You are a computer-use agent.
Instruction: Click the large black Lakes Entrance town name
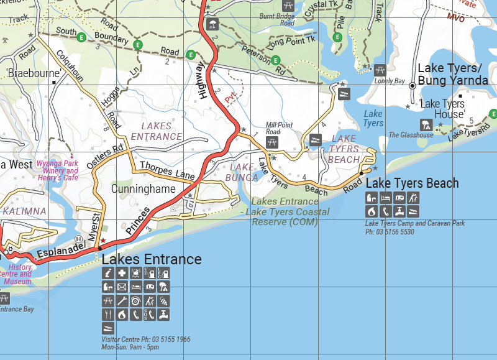pyautogui.click(x=152, y=259)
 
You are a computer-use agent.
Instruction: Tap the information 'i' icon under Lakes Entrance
pyautogui.click(x=107, y=274)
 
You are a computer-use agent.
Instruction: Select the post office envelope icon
pyautogui.click(x=122, y=287)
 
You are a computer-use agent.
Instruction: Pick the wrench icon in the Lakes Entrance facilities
pyautogui.click(x=122, y=301)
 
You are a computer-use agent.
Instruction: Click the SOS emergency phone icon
pyautogui.click(x=150, y=315)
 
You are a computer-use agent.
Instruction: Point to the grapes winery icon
pyautogui.click(x=164, y=301)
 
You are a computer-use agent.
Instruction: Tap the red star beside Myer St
pyautogui.click(x=103, y=241)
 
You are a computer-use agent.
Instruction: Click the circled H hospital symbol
pyautogui.click(x=79, y=239)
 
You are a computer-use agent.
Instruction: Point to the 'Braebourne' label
pyautogui.click(x=34, y=73)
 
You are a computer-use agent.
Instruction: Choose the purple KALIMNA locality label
pyautogui.click(x=24, y=211)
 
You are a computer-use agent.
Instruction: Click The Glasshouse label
pyautogui.click(x=411, y=135)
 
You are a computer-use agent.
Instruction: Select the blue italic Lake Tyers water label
pyautogui.click(x=373, y=118)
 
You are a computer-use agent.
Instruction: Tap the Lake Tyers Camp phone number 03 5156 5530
pyautogui.click(x=390, y=232)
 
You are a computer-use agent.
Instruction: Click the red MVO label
pyautogui.click(x=455, y=17)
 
